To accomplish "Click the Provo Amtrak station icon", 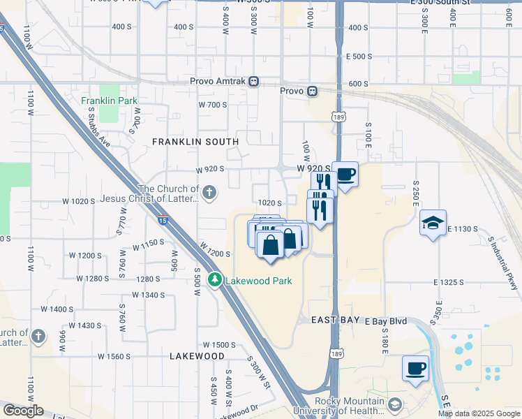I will (254, 81).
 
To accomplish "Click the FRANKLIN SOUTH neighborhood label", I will (195, 142).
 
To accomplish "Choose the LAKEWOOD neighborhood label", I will (197, 355).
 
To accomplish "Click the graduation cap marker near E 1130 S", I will (433, 223).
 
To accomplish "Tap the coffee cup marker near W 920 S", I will (345, 175).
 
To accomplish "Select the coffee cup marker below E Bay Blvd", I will (416, 368).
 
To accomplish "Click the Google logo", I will (23, 411).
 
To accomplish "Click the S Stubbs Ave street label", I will (100, 138).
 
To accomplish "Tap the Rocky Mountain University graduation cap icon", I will (396, 405).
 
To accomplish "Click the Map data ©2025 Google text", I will (478, 413).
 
